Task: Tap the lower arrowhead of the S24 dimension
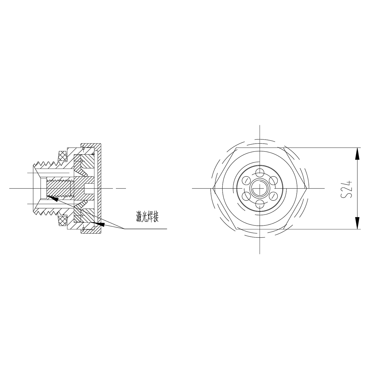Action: click(x=357, y=223)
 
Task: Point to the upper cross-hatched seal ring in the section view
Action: click(x=63, y=155)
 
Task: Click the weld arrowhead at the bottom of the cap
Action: click(x=100, y=224)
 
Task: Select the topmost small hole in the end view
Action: click(x=260, y=171)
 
